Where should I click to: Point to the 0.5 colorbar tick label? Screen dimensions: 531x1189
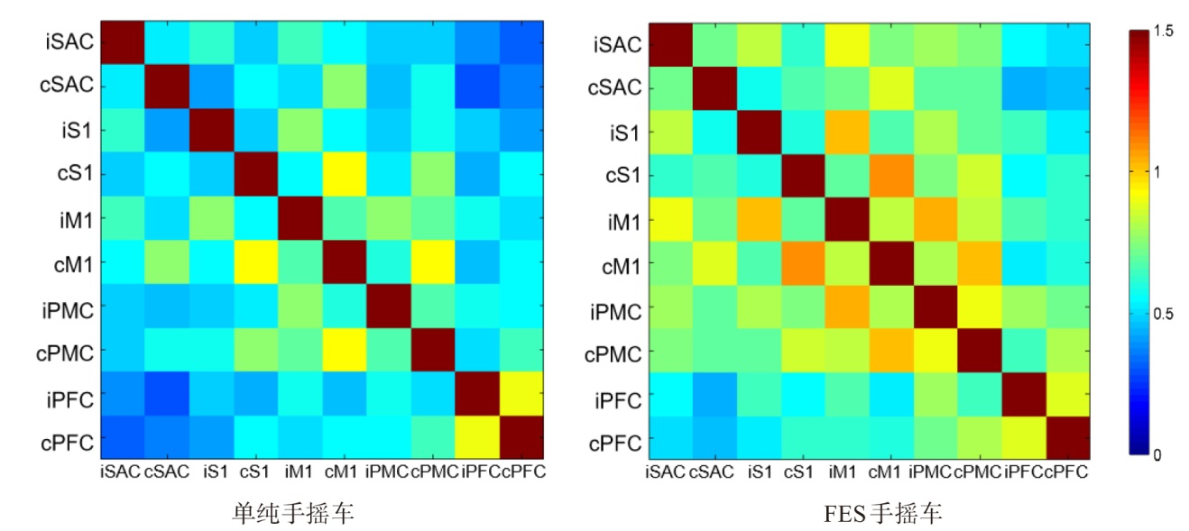1163,314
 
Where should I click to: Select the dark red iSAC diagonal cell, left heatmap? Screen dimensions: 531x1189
121,41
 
